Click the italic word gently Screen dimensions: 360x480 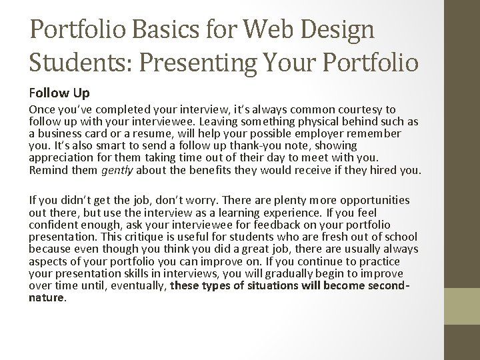point(116,170)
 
